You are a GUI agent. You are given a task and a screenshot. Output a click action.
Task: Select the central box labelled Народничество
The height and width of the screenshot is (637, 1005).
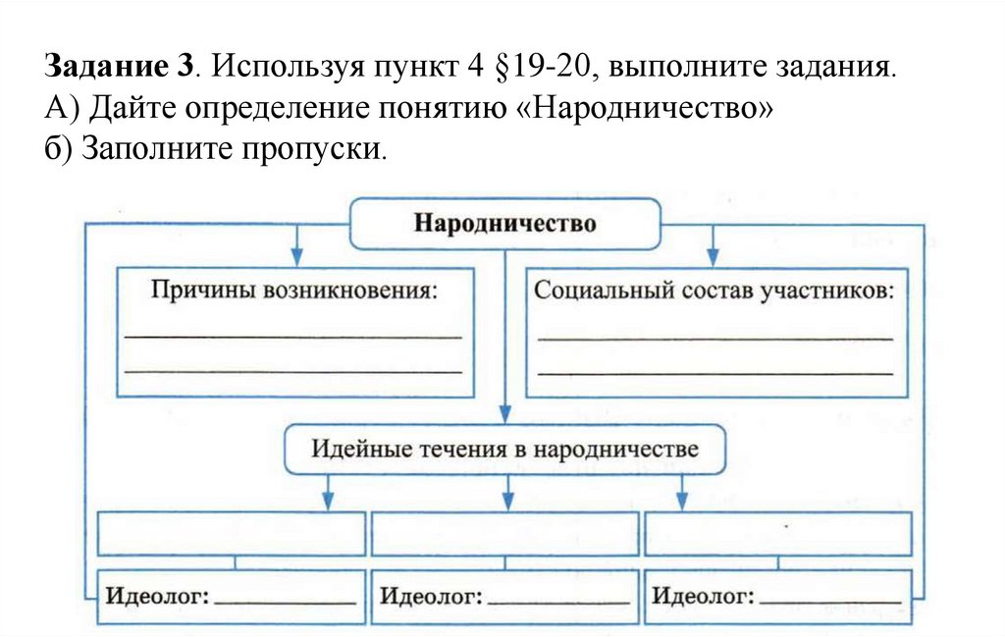tap(504, 224)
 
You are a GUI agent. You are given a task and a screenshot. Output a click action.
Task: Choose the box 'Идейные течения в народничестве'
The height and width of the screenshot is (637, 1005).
tap(505, 451)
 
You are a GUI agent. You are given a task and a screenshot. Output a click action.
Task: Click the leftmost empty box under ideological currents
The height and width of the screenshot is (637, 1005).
tap(232, 533)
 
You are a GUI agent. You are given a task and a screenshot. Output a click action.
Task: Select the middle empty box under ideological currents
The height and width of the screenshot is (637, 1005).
tap(504, 533)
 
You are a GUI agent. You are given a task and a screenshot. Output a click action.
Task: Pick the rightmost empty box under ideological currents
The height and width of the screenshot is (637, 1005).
tap(777, 533)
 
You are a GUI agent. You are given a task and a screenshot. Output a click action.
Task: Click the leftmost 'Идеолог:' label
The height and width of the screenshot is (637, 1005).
tap(157, 596)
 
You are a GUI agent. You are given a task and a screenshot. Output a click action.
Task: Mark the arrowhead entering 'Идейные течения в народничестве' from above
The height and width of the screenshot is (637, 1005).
tap(504, 416)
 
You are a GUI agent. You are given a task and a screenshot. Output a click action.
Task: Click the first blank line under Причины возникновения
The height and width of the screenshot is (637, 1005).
tap(293, 337)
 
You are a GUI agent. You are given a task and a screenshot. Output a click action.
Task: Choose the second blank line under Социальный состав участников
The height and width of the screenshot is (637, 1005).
tap(715, 372)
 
